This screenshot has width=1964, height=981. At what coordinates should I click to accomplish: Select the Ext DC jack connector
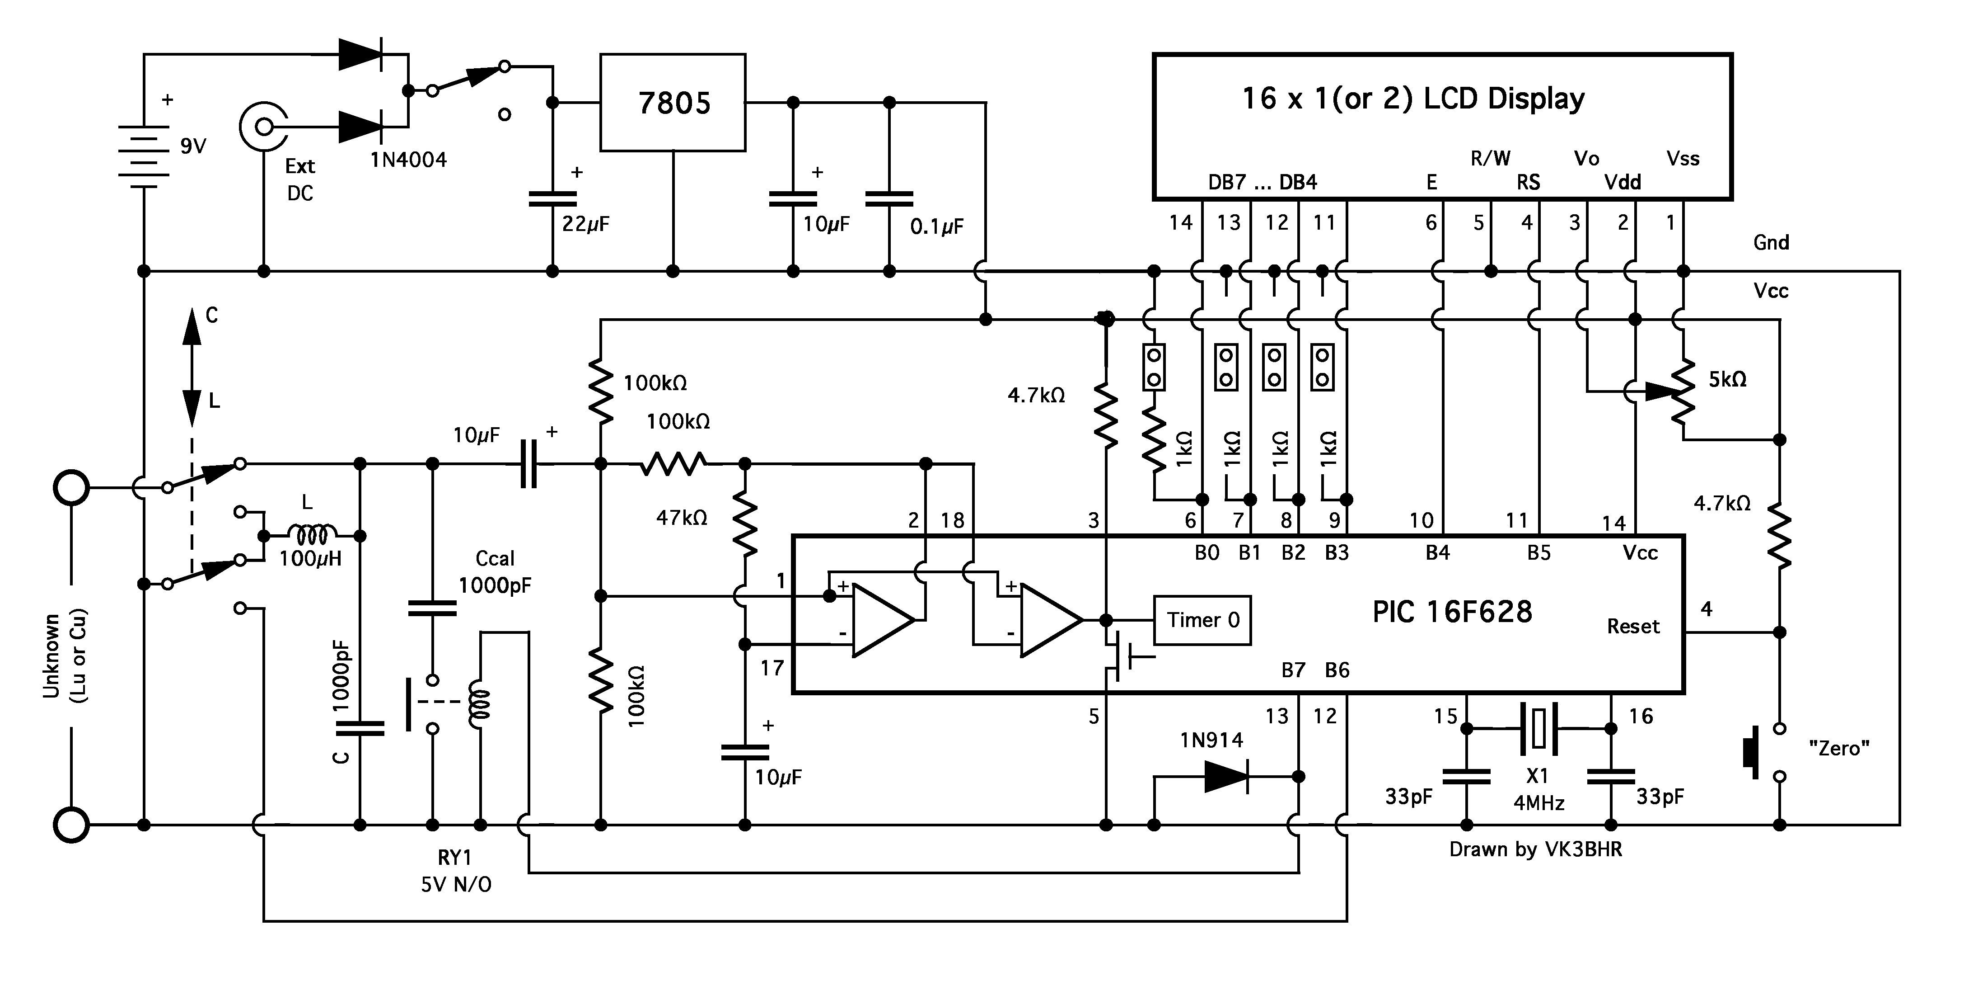point(264,126)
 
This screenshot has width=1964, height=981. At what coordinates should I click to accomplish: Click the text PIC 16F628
point(1452,612)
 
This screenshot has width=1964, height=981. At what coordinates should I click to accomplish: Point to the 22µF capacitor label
point(585,223)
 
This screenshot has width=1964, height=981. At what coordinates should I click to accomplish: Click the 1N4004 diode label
point(409,160)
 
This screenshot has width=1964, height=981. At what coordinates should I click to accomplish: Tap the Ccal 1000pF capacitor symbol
point(432,608)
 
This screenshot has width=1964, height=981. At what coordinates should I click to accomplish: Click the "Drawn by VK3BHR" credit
point(1535,849)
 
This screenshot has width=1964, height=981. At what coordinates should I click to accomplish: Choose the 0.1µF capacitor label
point(937,226)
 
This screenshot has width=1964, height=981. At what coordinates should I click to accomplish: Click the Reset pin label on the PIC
point(1633,626)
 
